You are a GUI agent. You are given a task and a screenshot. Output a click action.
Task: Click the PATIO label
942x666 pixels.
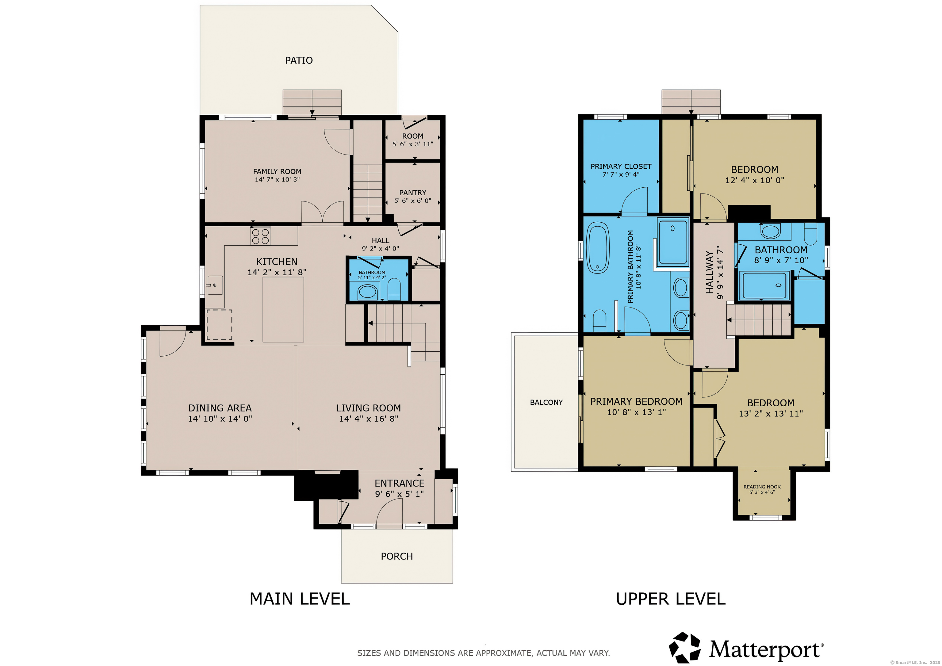pos(299,60)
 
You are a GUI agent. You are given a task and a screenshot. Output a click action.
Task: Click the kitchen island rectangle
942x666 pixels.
pos(283,309)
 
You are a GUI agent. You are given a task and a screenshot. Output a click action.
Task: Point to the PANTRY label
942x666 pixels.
pos(412,193)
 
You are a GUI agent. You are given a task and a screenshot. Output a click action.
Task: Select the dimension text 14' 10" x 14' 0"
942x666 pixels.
pos(220,419)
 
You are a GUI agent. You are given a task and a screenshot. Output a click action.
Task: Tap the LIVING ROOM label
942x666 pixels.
pos(369,408)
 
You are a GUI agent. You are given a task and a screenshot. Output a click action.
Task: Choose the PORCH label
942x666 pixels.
pos(397,556)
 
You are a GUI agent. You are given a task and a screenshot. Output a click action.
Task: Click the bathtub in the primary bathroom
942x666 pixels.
pos(597,248)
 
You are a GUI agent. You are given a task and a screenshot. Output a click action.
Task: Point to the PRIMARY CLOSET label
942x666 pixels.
pos(621,166)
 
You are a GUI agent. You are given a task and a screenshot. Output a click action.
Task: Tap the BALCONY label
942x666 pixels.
pos(546,402)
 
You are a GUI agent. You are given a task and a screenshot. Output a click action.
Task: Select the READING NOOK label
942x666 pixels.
pos(762,487)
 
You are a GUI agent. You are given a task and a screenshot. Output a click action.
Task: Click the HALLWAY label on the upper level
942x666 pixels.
pos(709,273)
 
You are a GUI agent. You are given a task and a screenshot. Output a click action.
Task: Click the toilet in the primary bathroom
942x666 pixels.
pos(599,320)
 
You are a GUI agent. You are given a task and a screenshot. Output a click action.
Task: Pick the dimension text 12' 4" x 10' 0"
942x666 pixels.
pos(755,180)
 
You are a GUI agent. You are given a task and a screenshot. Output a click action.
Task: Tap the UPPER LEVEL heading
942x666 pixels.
pos(670,599)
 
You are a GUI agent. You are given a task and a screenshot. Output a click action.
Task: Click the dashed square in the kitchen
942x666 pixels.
pos(219,325)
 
